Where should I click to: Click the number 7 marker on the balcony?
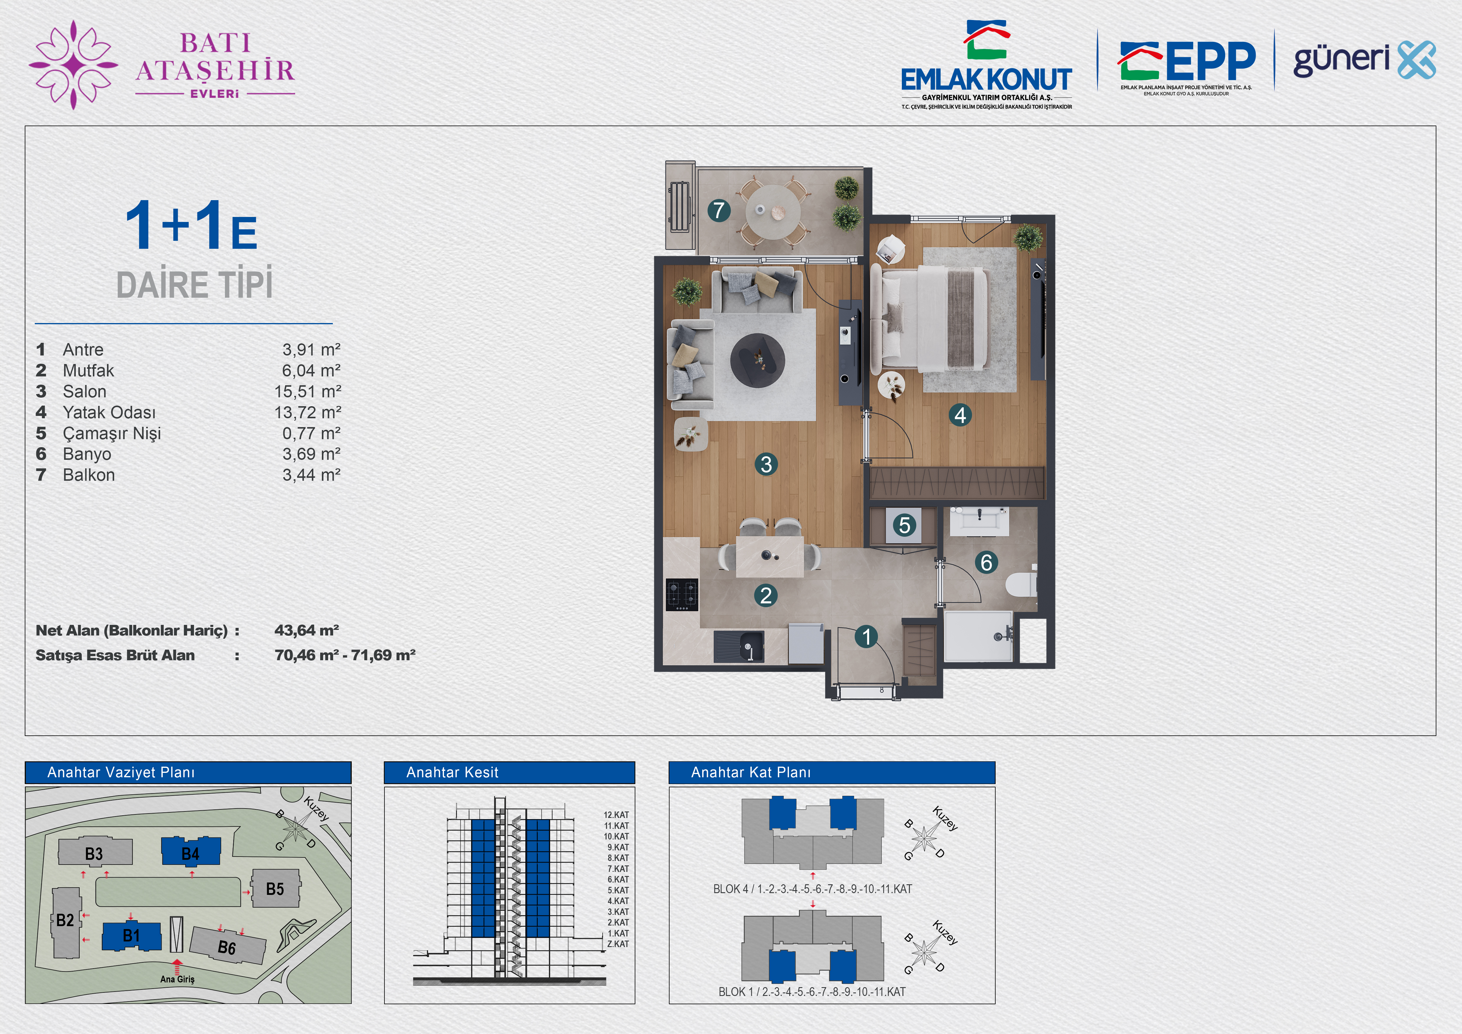719,210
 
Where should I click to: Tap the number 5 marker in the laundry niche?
904,525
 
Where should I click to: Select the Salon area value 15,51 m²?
307,391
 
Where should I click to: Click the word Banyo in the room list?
87,454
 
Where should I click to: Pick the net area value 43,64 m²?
306,630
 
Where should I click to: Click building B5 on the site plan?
275,889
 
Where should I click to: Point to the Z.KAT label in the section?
618,944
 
